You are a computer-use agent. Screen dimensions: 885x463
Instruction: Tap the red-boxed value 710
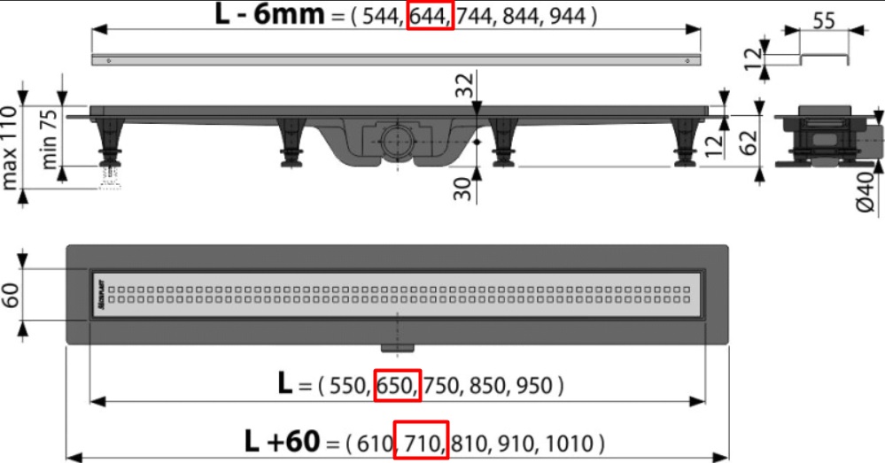point(421,442)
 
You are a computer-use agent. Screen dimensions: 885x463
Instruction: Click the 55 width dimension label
point(824,21)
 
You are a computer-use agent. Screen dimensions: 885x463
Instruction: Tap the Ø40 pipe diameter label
point(866,192)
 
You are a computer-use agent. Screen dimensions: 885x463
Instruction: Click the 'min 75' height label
point(49,139)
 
